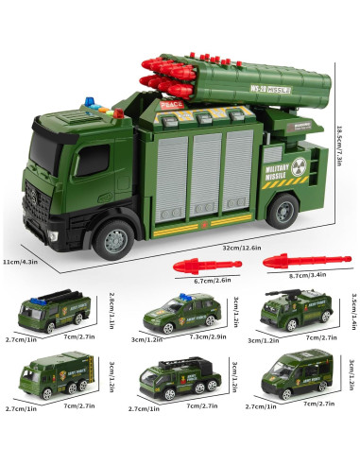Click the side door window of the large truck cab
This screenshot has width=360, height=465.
pos(92,160)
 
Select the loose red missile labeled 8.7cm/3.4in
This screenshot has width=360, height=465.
pos(287,258)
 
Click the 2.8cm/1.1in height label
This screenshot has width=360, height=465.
pos(111,311)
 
